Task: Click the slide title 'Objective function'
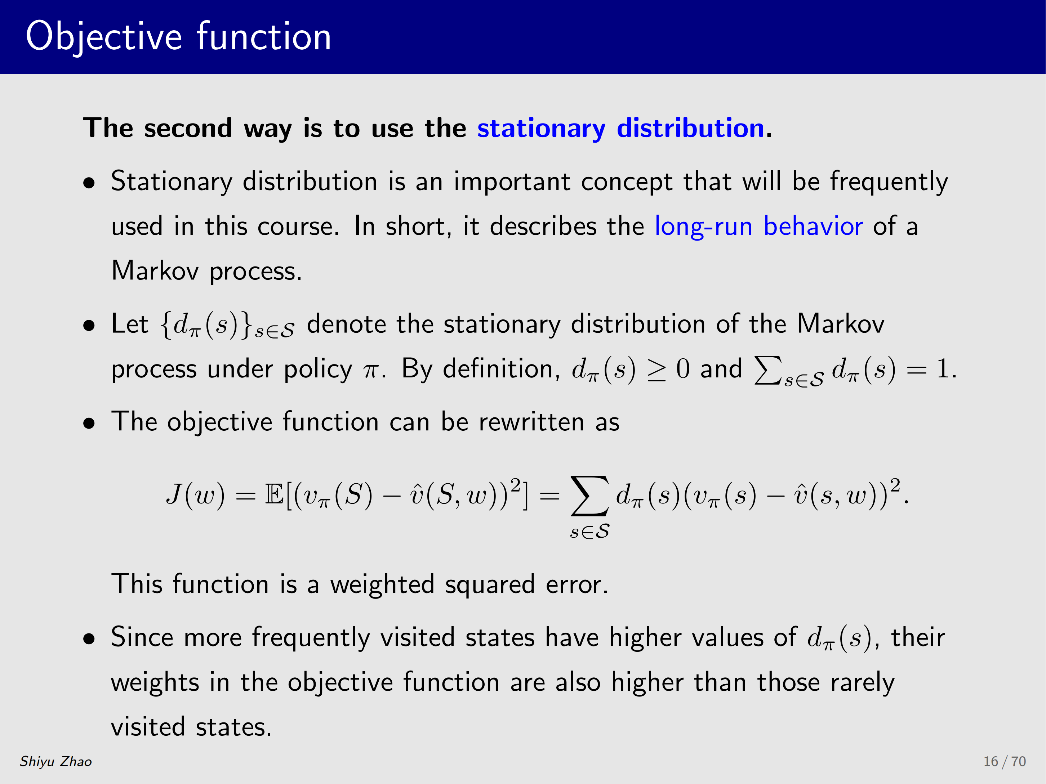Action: (x=178, y=37)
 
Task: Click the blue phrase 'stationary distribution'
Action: (x=621, y=129)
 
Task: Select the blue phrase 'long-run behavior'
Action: (x=759, y=226)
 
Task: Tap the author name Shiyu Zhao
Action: (x=56, y=761)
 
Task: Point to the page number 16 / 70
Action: (x=1005, y=761)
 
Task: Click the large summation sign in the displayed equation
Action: (x=590, y=495)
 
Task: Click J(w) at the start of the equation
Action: (x=195, y=495)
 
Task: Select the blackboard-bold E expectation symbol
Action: (x=274, y=494)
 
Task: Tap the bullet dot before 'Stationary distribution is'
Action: (x=89, y=184)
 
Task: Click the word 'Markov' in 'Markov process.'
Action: (x=155, y=271)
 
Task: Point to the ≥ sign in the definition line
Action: (x=656, y=370)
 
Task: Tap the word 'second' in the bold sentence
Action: (x=188, y=129)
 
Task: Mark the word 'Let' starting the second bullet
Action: (x=130, y=324)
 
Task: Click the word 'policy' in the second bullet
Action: (x=318, y=369)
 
